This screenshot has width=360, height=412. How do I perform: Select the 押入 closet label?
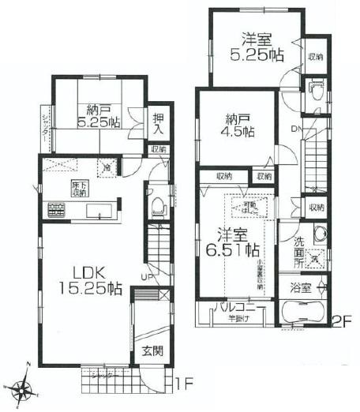[x=159, y=122]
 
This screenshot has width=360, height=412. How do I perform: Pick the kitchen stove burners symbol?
[x=57, y=211]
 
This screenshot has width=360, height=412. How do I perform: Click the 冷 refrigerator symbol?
[x=107, y=167]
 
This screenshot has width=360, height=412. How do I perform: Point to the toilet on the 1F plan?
[x=158, y=207]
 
